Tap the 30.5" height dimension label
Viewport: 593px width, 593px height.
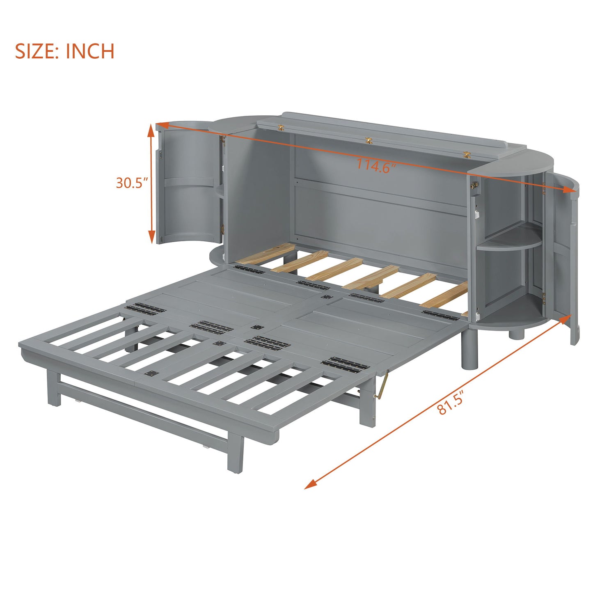click(131, 183)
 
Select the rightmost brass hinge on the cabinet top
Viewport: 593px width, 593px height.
click(467, 155)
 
